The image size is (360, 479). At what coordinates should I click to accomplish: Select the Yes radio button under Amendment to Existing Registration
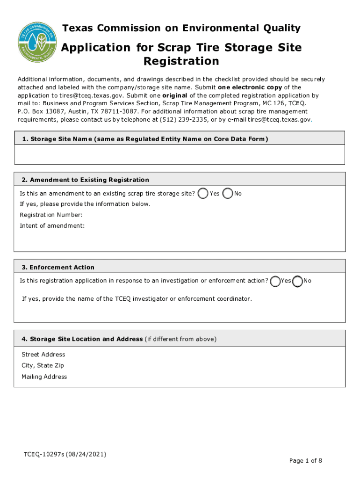coord(203,193)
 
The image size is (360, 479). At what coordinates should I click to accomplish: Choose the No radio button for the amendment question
coord(228,193)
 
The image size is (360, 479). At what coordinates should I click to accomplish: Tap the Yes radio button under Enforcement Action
coord(275,281)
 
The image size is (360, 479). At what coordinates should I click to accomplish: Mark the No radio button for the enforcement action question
coord(297,281)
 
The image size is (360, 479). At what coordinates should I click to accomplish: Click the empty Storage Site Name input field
coord(180,154)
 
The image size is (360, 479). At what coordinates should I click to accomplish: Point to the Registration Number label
coord(51,215)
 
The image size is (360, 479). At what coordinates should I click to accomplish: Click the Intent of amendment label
coord(52,226)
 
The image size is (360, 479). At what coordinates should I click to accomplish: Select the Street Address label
coord(43,355)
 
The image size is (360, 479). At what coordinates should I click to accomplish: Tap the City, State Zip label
coord(43,365)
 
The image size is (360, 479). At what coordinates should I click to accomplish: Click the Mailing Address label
coord(44,377)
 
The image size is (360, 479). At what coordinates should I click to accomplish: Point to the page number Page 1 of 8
coord(305,461)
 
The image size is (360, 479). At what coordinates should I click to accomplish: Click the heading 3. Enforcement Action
coord(58,267)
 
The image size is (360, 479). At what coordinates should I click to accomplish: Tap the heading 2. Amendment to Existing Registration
coord(85,180)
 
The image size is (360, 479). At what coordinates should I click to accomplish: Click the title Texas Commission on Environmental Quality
coord(181,29)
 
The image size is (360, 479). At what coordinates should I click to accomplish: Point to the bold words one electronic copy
coord(246,87)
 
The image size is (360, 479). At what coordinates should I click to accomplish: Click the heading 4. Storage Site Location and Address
coord(82,339)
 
